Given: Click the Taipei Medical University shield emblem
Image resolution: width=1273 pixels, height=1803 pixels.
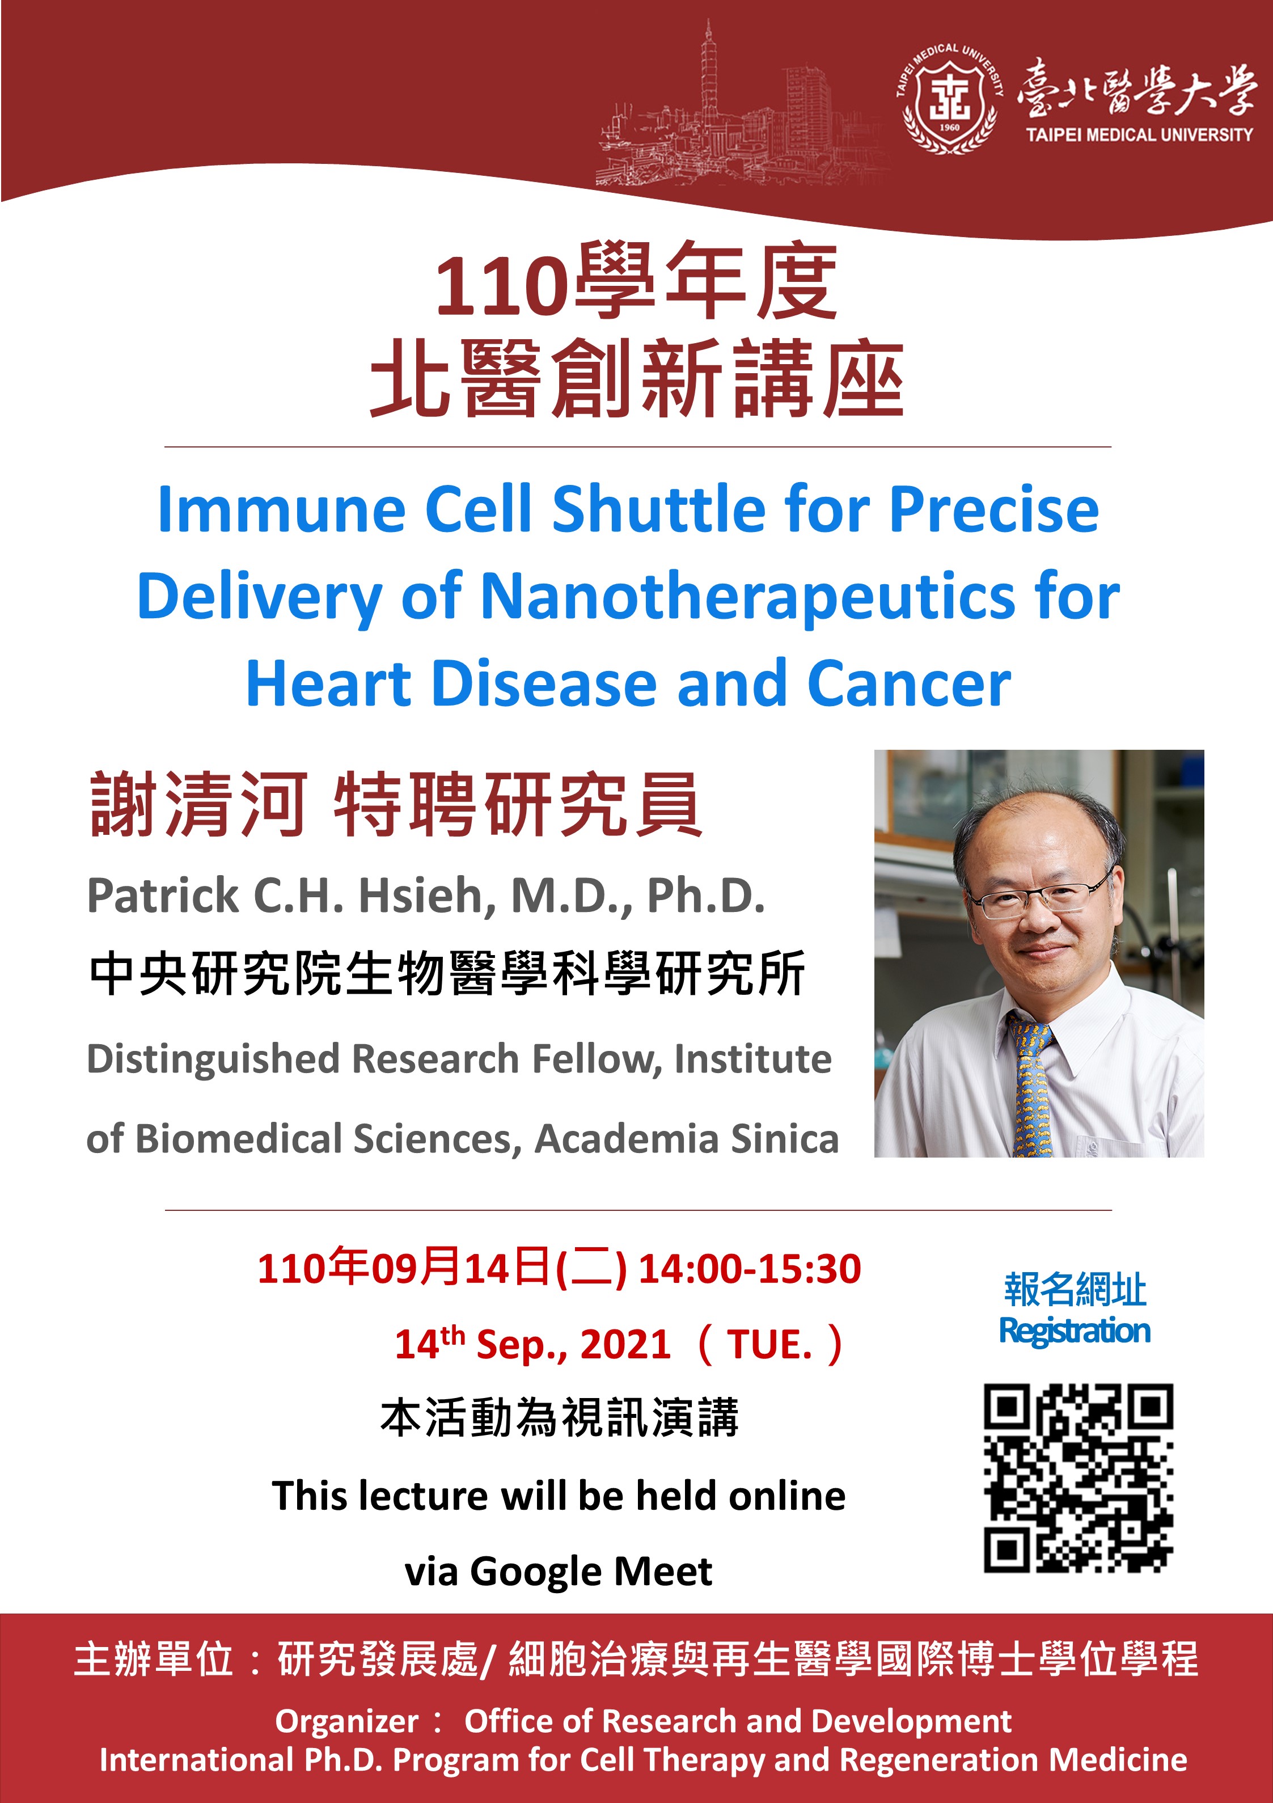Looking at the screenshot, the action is click(949, 98).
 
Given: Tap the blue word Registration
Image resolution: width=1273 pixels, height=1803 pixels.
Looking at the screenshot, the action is click(1075, 1331).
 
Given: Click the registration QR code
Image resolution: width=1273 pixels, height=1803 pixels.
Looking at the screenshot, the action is click(1079, 1478).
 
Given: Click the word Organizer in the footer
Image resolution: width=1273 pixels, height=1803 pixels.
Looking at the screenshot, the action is click(346, 1721).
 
